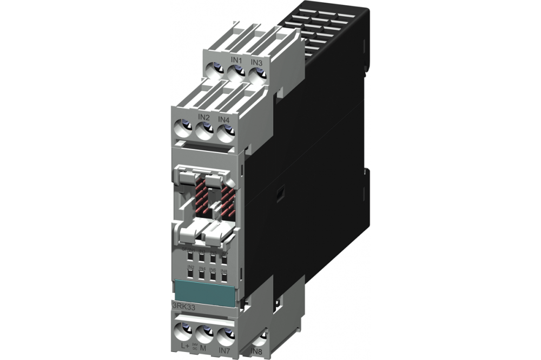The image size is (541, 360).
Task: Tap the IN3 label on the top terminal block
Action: coord(257,63)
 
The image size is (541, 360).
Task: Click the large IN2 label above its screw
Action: coord(203,116)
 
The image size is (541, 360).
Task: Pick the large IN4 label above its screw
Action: coord(224,119)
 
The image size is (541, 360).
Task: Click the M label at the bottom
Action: coord(204,346)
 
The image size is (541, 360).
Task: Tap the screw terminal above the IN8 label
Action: coord(260,337)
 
